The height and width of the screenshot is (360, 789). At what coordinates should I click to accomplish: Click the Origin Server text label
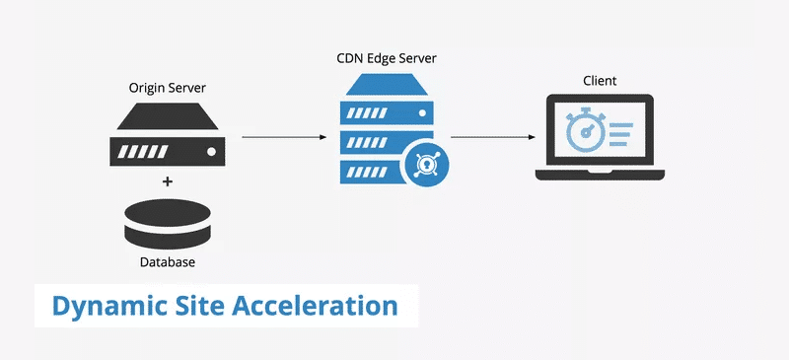168,87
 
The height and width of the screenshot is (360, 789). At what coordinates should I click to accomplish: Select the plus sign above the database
168,181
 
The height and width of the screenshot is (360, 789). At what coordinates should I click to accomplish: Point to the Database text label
168,263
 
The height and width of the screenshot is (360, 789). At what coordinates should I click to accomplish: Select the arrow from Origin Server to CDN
283,137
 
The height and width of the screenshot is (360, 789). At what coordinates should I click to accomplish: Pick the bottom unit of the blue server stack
370,171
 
